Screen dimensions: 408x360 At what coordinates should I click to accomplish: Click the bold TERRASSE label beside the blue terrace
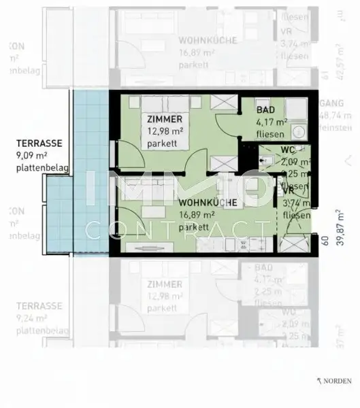tap(39, 144)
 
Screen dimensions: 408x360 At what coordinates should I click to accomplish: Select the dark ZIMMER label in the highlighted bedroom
tap(164, 120)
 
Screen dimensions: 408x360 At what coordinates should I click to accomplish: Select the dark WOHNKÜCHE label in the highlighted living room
tap(208, 203)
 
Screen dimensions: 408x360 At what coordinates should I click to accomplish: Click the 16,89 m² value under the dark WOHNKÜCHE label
tap(198, 215)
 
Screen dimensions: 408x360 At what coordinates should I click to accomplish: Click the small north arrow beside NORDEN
tap(319, 381)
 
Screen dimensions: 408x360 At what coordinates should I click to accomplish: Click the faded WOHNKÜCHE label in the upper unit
tap(208, 40)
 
